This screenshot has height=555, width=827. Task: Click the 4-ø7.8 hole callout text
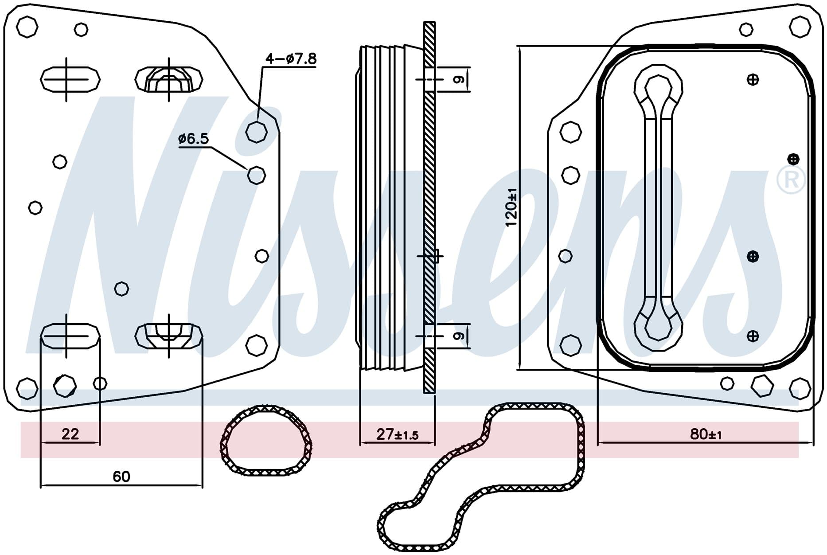point(291,59)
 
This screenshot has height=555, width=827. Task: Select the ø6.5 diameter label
point(193,139)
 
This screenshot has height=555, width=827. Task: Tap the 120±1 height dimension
point(511,207)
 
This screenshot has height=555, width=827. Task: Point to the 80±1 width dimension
point(706,434)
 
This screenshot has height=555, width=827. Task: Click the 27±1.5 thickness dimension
point(397,434)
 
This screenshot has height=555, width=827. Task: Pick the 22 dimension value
point(70,434)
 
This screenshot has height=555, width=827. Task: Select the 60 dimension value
point(121,477)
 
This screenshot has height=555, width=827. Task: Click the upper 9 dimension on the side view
point(460,79)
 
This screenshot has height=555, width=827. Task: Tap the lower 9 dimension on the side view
point(460,336)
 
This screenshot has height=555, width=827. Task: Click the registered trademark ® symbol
point(791,180)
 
